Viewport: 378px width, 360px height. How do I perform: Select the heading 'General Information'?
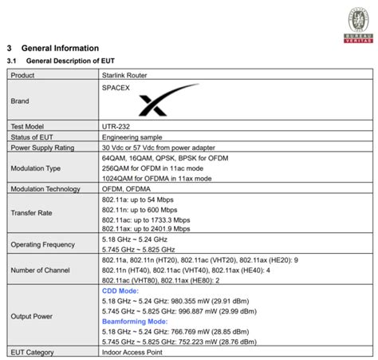60,48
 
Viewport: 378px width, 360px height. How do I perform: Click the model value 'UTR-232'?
116,126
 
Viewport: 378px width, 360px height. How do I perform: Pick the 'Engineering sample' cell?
132,136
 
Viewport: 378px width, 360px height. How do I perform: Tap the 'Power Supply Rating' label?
42,148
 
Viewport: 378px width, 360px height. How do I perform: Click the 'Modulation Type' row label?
36,168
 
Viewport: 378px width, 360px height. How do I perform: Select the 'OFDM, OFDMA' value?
126,189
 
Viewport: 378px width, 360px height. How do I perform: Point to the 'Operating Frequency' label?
41,244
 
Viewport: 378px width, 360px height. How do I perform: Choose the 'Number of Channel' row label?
40,271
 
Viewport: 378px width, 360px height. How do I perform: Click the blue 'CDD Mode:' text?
120,291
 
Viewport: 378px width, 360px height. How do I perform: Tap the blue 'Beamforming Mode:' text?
135,321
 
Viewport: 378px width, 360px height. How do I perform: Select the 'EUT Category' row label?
33,351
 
